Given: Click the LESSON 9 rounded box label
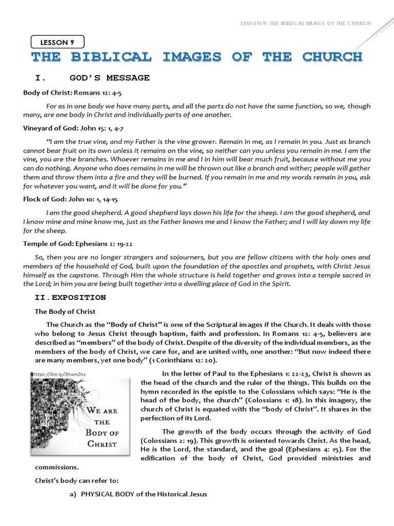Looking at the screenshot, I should tap(57, 43).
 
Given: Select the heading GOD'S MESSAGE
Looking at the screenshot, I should tap(109, 78).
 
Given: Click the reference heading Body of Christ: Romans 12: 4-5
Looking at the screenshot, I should tap(72, 93).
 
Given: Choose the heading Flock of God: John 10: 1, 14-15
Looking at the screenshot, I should tap(74, 199).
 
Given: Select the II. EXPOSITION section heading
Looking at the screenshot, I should tap(70, 297).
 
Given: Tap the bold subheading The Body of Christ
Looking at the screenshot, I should tap(65, 311).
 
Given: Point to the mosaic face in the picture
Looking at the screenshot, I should tap(54, 416).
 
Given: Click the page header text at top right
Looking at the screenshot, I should tap(305, 24).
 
